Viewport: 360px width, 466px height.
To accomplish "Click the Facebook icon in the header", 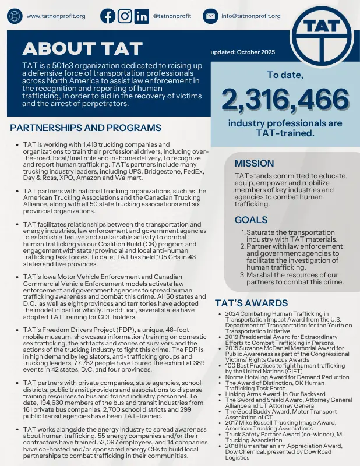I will pyautogui.click(x=108, y=16).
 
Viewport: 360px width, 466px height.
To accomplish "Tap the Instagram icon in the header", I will pyautogui.click(x=125, y=16).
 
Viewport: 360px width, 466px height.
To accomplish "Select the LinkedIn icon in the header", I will pyautogui.click(x=141, y=16).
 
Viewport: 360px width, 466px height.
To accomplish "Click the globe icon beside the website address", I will pyautogui.click(x=14, y=16).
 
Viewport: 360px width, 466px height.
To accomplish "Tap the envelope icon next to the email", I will pyautogui.click(x=210, y=16).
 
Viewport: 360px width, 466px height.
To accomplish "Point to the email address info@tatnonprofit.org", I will pyautogui.click(x=251, y=16).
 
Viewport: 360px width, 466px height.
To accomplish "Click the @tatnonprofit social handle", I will pyautogui.click(x=172, y=16).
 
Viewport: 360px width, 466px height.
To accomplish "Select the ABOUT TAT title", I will pyautogui.click(x=67, y=47).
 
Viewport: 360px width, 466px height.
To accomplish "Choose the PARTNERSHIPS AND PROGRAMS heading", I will pyautogui.click(x=86, y=128).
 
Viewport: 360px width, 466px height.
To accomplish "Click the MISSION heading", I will pyautogui.click(x=254, y=163).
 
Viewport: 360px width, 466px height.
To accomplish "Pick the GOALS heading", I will pyautogui.click(x=251, y=220).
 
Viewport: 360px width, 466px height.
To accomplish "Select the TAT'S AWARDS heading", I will pyautogui.click(x=251, y=303).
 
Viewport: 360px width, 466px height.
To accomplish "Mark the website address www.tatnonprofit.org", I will pyautogui.click(x=57, y=16).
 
